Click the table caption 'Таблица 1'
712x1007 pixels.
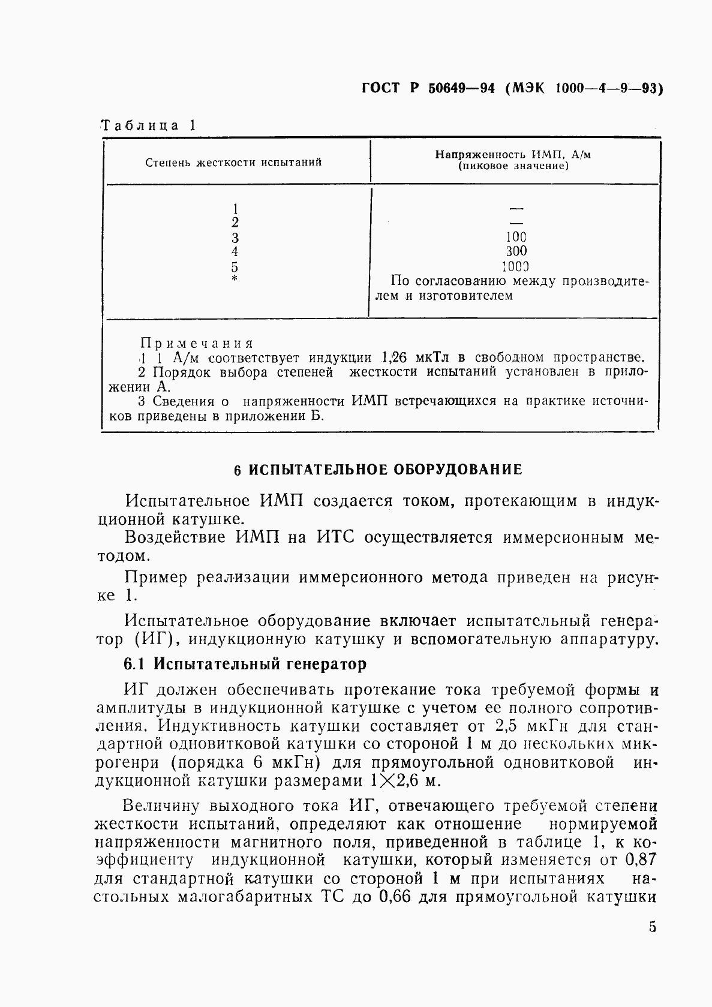(x=148, y=125)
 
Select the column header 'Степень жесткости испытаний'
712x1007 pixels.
(x=233, y=162)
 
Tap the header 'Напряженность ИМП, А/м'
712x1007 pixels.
(x=513, y=155)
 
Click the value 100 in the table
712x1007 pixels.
(x=516, y=237)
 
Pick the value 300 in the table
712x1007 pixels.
(x=516, y=251)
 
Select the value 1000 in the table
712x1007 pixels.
(x=516, y=266)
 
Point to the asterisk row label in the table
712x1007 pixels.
(x=235, y=279)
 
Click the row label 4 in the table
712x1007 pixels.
(x=235, y=251)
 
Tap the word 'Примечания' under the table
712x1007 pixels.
(x=197, y=344)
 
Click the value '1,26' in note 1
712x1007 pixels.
(x=394, y=358)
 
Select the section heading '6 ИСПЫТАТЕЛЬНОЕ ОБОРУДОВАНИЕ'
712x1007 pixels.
(x=378, y=470)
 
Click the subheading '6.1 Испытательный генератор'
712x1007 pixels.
(x=245, y=664)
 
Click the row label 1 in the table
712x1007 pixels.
(x=235, y=208)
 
